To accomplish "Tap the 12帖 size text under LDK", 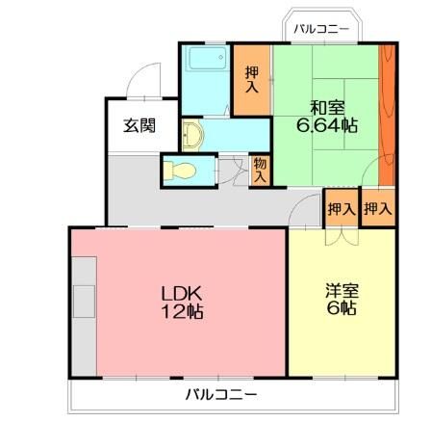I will click(x=181, y=312).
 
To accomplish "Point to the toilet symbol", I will click(x=180, y=171).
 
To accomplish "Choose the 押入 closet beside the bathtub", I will click(x=252, y=80).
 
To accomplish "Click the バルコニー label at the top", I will click(x=321, y=28).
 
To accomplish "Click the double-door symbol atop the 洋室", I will click(x=342, y=234).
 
